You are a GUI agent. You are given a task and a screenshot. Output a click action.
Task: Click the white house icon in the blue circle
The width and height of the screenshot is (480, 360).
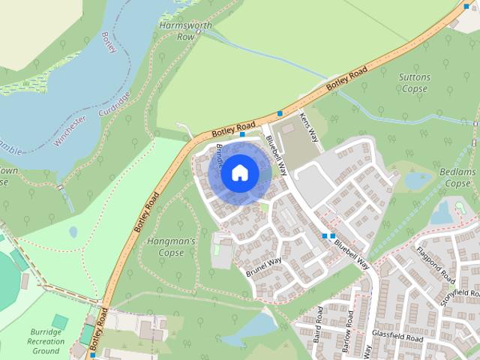click(239, 173)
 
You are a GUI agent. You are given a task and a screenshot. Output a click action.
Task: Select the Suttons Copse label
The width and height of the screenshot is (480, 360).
click(414, 82)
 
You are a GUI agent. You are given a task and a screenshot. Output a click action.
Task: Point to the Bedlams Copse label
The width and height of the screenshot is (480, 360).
click(458, 178)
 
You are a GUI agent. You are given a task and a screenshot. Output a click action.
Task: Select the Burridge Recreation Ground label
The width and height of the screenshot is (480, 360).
click(46, 340)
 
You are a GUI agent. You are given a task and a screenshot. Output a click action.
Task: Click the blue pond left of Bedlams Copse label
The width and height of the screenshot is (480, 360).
click(418, 181)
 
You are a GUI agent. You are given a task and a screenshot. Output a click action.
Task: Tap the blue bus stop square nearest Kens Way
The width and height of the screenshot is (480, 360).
click(280, 113)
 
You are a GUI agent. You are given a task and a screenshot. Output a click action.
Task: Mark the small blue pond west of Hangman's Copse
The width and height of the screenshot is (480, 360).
click(73, 232)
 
